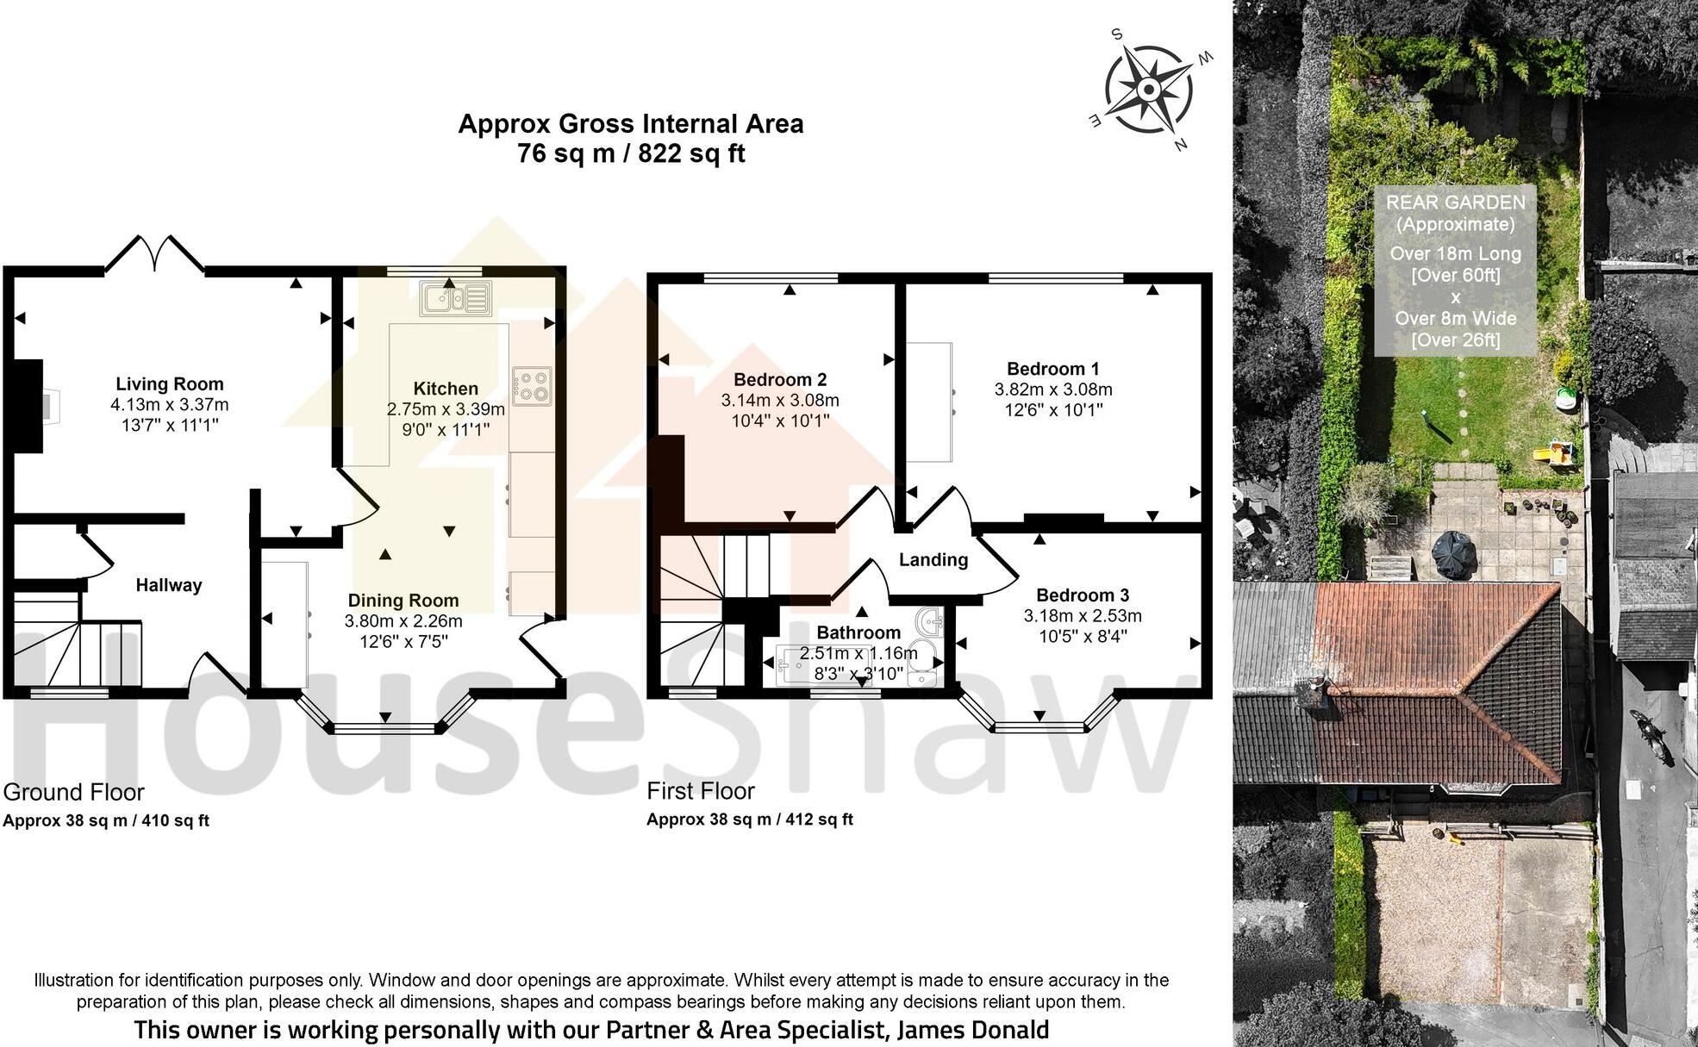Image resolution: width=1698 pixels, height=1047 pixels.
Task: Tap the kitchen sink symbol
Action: [455, 298]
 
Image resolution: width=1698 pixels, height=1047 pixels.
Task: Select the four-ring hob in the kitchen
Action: [531, 386]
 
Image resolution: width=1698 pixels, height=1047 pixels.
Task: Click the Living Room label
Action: [170, 384]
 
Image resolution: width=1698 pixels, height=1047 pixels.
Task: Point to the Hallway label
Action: [169, 585]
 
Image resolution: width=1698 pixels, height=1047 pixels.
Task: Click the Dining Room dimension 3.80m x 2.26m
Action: [403, 621]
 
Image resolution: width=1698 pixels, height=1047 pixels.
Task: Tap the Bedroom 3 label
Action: [1083, 595]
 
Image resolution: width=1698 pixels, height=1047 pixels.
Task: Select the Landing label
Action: [933, 560]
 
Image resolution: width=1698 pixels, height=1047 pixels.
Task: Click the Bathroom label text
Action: [858, 633]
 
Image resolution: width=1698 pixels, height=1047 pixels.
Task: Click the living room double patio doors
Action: [155, 254]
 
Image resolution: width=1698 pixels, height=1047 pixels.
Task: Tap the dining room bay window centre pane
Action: [385, 729]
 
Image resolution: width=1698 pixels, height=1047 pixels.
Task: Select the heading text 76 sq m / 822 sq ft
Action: [631, 154]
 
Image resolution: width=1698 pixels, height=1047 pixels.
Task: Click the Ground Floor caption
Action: [74, 792]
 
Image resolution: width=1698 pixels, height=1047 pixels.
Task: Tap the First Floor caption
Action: [701, 791]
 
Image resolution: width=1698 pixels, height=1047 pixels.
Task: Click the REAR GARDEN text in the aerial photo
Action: [1455, 203]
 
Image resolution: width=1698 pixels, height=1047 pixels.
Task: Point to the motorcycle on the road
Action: [1651, 738]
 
